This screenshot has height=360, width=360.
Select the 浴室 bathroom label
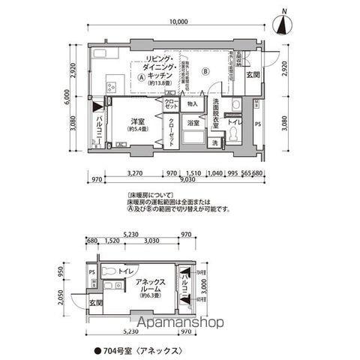coord(193,122)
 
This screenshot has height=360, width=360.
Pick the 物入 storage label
coord(193,103)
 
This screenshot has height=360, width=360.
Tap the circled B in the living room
coord(205,72)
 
